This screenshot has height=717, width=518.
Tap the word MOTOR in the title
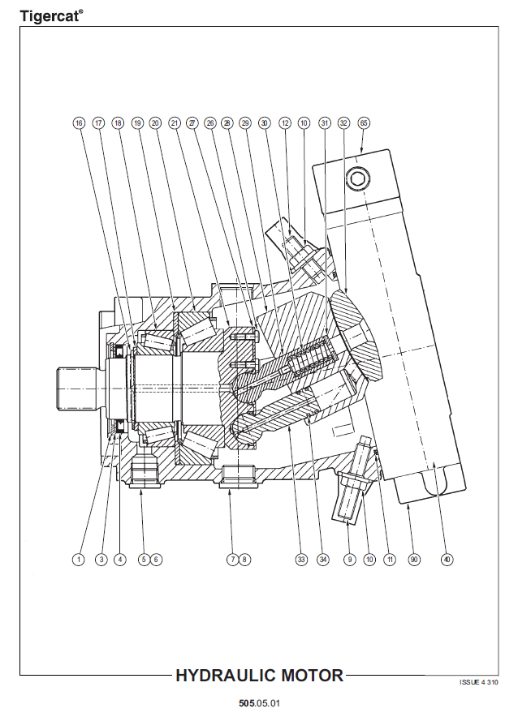[311, 675]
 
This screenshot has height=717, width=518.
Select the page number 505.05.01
[259, 702]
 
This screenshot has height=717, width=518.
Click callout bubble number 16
[79, 123]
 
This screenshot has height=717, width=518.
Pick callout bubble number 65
[363, 123]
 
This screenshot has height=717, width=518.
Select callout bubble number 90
[414, 559]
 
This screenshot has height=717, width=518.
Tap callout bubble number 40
[447, 559]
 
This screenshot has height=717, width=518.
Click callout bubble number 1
[79, 559]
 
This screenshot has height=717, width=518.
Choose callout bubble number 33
[301, 559]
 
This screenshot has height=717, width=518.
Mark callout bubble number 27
[192, 123]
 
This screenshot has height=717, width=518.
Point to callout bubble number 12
[285, 123]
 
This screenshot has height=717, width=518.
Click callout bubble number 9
[351, 559]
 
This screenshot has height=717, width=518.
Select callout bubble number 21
[174, 123]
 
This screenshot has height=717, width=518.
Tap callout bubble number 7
[231, 559]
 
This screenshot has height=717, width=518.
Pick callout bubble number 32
[343, 123]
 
